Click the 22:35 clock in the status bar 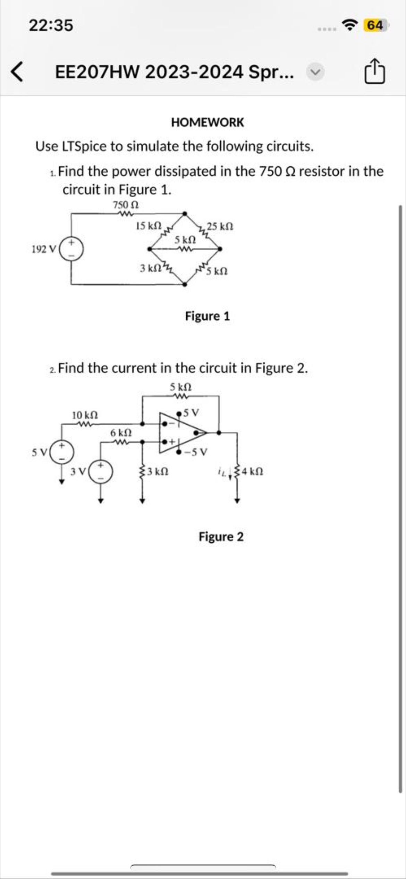pos(51,25)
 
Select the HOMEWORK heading pos(208,122)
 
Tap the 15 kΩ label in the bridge pos(149,226)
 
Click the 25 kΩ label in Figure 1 pos(220,227)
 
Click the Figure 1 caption pos(207,316)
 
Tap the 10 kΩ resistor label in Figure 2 pos(85,415)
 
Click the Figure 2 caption pos(221,537)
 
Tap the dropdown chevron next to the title pos(315,72)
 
